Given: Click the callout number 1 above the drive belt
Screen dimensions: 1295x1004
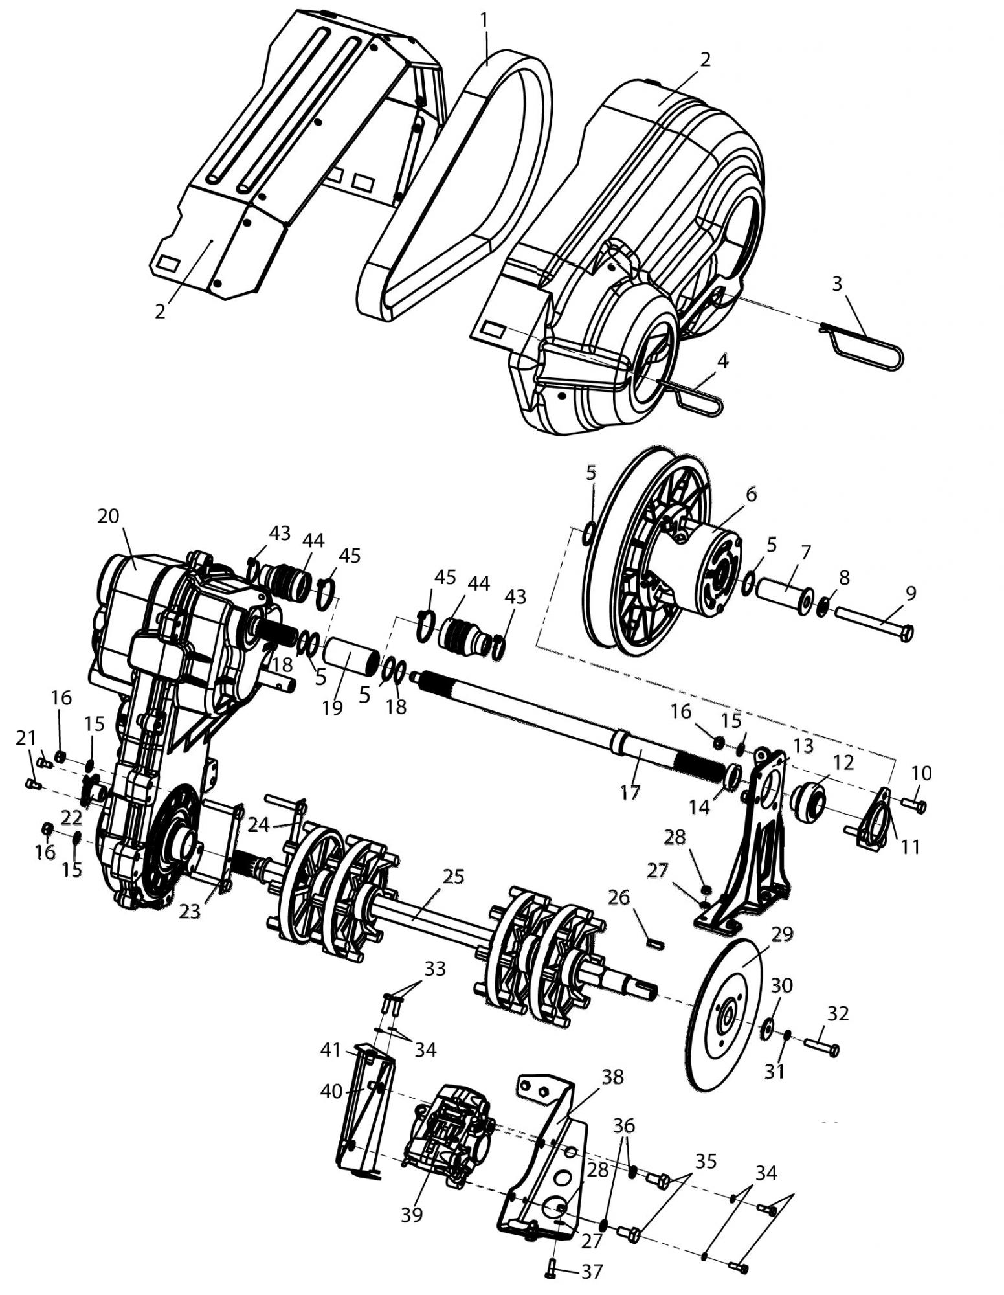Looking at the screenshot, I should click(x=484, y=20).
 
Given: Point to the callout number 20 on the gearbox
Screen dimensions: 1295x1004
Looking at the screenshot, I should click(x=109, y=516).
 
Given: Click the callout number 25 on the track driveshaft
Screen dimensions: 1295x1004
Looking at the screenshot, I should click(x=454, y=877).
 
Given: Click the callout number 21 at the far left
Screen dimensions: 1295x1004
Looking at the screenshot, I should click(x=26, y=737).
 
